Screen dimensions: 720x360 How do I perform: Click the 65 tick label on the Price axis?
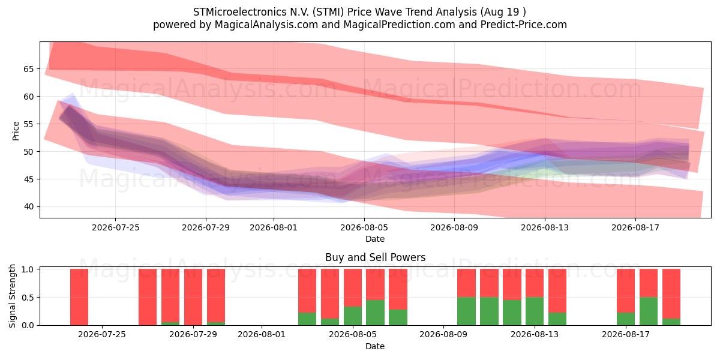pyautogui.click(x=28, y=69)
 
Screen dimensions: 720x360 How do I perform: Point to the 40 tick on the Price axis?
pyautogui.click(x=28, y=206)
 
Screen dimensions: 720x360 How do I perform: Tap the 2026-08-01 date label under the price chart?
pyautogui.click(x=274, y=227)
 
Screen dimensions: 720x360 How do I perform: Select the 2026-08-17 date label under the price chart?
pyautogui.click(x=635, y=227)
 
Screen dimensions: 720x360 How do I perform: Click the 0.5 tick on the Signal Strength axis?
pyautogui.click(x=28, y=298)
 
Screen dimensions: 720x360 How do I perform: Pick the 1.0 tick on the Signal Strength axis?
pyautogui.click(x=28, y=269)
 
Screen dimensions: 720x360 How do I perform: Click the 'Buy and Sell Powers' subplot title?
pyautogui.click(x=375, y=257)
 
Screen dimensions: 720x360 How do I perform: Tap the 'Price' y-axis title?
pyautogui.click(x=16, y=131)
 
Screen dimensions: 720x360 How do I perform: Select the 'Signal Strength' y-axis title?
pyautogui.click(x=12, y=296)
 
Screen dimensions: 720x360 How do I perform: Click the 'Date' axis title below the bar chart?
pyautogui.click(x=375, y=346)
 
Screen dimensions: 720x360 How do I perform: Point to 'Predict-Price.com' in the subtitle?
pyautogui.click(x=524, y=25)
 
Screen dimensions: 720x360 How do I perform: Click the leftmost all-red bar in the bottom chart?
pyautogui.click(x=79, y=297)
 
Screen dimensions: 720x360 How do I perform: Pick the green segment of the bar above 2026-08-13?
pyautogui.click(x=535, y=311)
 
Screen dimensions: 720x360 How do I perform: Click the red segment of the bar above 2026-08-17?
pyautogui.click(x=626, y=290)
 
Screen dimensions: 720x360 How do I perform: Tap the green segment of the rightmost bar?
pyautogui.click(x=671, y=322)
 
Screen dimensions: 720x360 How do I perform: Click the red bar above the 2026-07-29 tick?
pyautogui.click(x=193, y=297)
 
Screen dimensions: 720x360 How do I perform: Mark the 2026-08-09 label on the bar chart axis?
pyautogui.click(x=443, y=335)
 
